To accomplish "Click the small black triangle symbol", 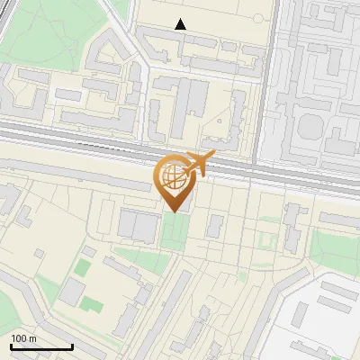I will coord(181,24).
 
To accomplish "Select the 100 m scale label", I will coord(23,337).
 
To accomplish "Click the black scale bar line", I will coord(41,347).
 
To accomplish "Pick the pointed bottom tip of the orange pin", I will coord(173,211).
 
